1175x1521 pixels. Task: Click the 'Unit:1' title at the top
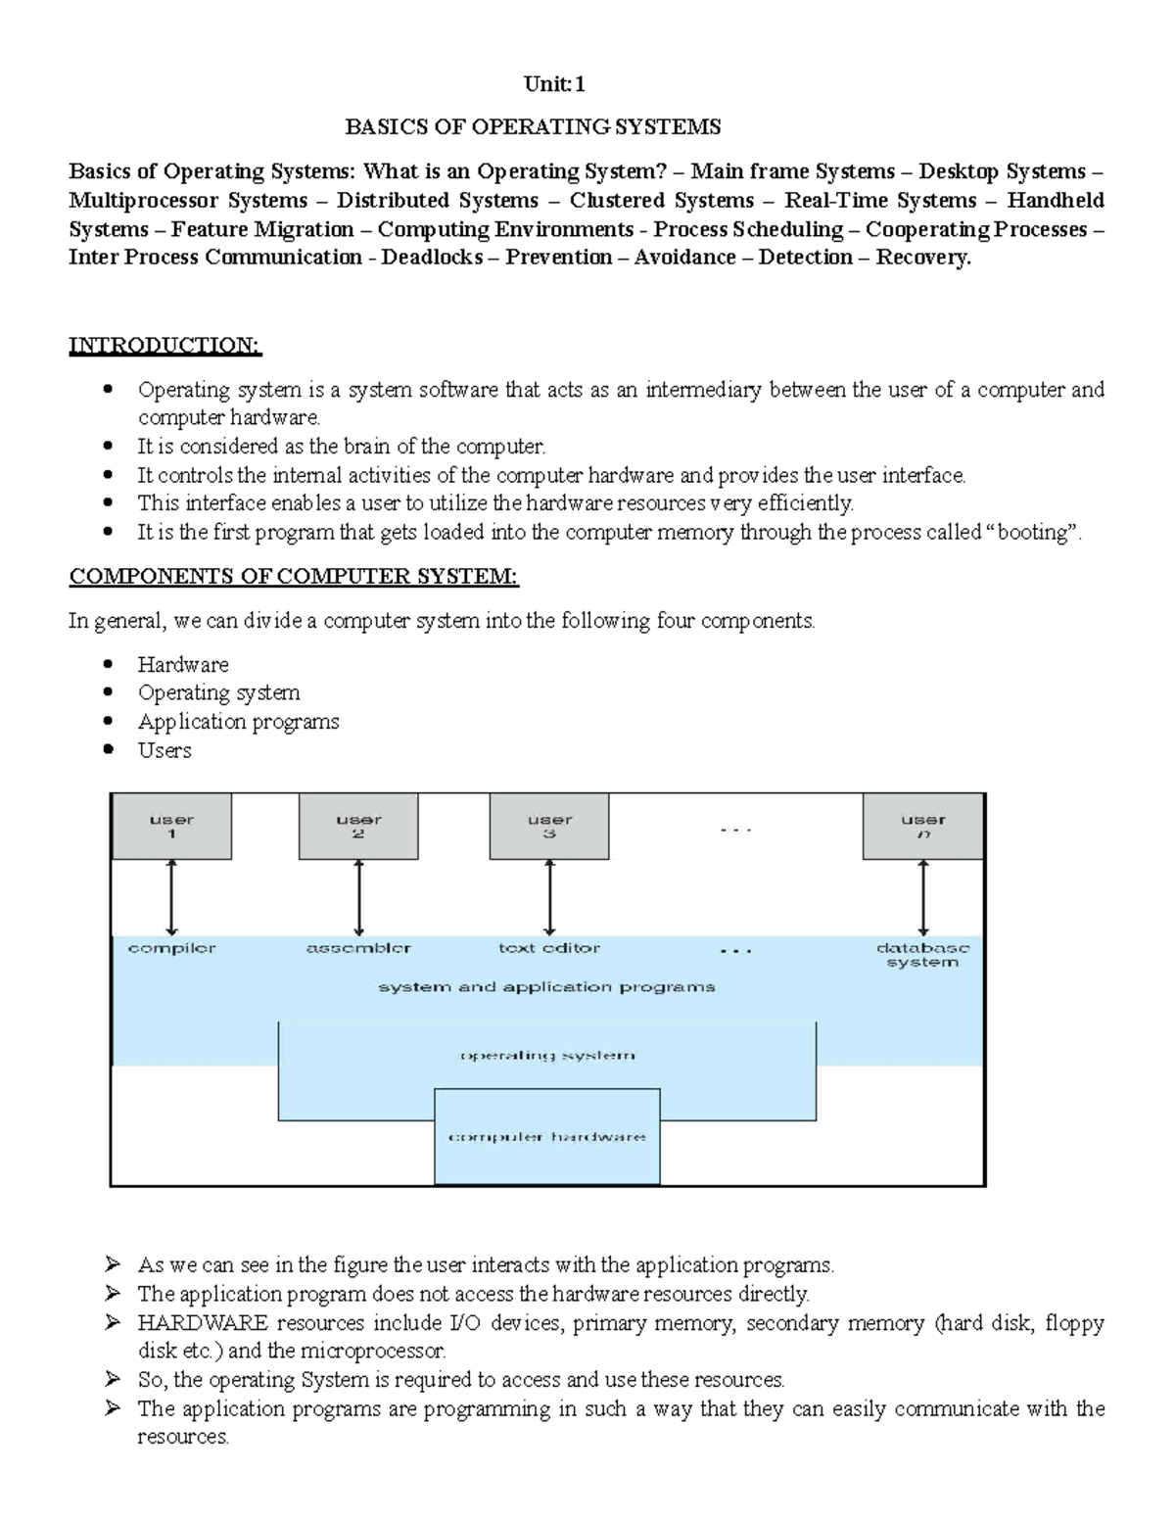pyautogui.click(x=554, y=84)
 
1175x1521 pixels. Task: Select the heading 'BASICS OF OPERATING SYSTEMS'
pyautogui.click(x=533, y=126)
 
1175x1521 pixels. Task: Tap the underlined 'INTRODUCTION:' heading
pyautogui.click(x=164, y=345)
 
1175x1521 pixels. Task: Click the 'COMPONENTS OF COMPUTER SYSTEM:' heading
pyautogui.click(x=293, y=576)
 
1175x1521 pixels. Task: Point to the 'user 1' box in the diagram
pyautogui.click(x=171, y=827)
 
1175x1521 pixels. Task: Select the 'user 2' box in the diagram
pyautogui.click(x=358, y=827)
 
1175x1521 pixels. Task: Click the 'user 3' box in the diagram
pyautogui.click(x=549, y=827)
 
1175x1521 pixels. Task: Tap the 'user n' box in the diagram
pyautogui.click(x=923, y=827)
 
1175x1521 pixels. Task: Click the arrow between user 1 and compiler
pyautogui.click(x=171, y=898)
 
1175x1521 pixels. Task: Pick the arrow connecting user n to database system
pyautogui.click(x=923, y=898)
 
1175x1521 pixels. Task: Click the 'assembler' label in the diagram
pyautogui.click(x=358, y=948)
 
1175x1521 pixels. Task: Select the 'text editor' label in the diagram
pyautogui.click(x=549, y=948)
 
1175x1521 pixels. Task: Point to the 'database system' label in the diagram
pyautogui.click(x=922, y=955)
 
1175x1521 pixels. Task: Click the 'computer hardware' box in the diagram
pyautogui.click(x=547, y=1137)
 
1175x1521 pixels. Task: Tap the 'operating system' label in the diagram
pyautogui.click(x=547, y=1056)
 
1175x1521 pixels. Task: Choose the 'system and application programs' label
pyautogui.click(x=546, y=987)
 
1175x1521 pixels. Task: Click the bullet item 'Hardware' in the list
pyautogui.click(x=183, y=664)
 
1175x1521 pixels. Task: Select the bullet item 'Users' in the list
pyautogui.click(x=164, y=750)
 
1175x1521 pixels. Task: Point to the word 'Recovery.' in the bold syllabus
pyautogui.click(x=922, y=258)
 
